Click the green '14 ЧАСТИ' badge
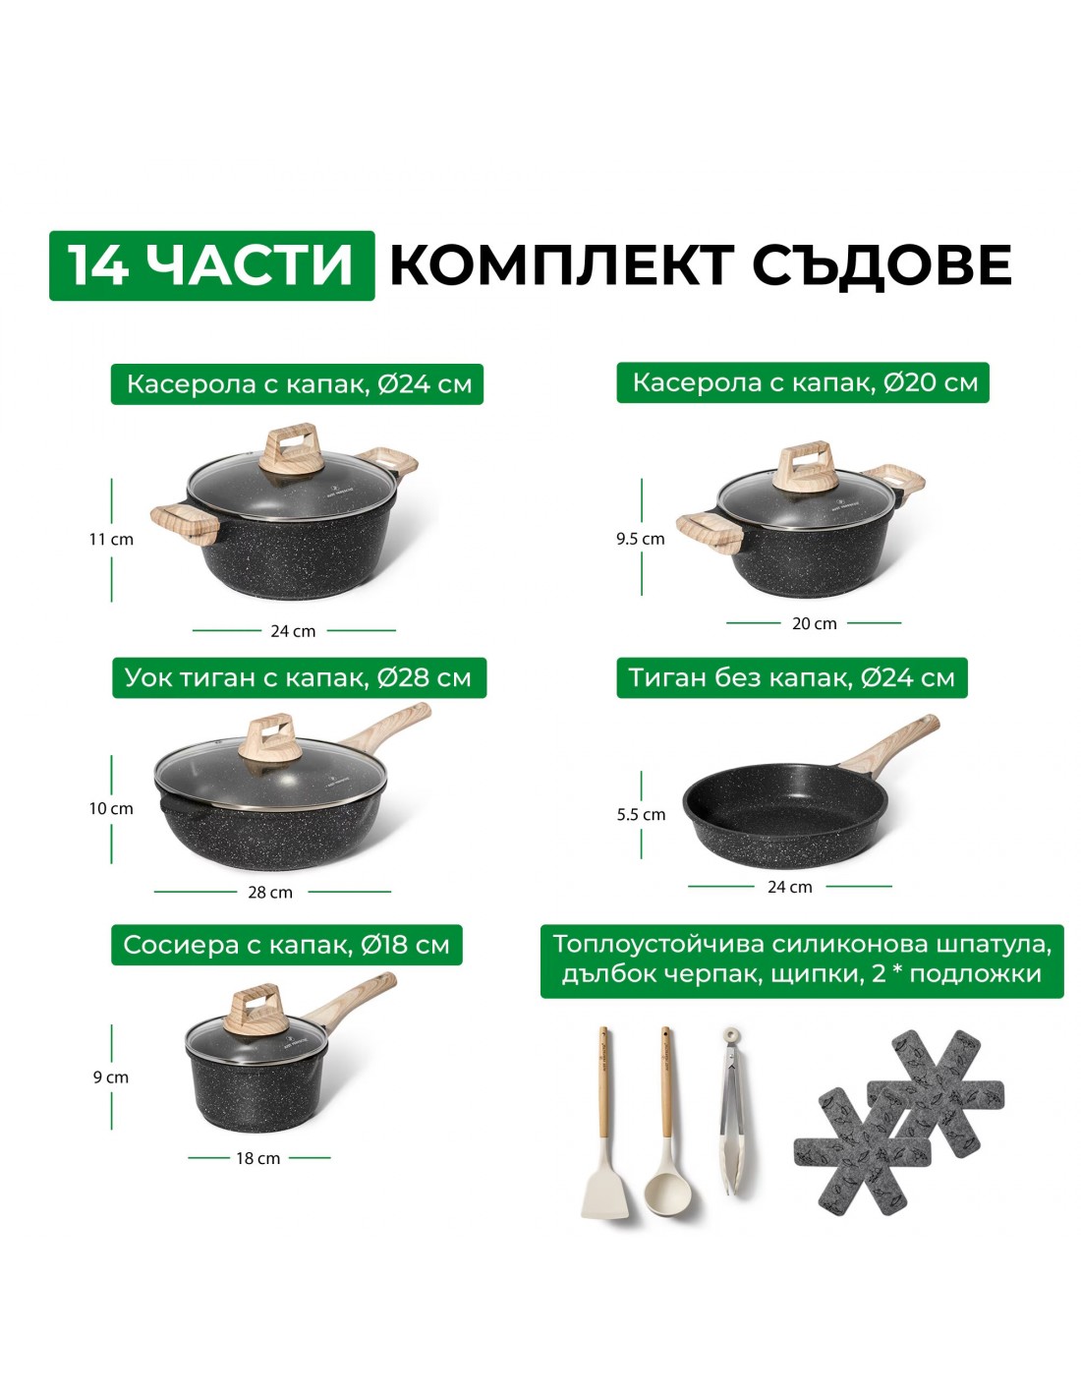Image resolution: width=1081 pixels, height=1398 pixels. tap(211, 265)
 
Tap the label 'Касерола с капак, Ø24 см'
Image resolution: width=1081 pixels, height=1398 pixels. tap(297, 384)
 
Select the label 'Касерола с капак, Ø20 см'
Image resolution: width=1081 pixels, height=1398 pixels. tap(803, 382)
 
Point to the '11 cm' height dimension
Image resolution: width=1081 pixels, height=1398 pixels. tap(111, 539)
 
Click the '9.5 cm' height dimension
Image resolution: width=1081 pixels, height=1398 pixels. tap(641, 539)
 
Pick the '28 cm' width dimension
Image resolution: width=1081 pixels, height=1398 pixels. tap(270, 893)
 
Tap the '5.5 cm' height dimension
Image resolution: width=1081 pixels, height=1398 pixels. tap(641, 814)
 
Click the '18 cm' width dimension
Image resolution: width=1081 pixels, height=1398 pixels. tap(257, 1158)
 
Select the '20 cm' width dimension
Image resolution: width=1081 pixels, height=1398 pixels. tap(814, 623)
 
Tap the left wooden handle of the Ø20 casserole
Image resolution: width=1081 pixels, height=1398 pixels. tap(710, 531)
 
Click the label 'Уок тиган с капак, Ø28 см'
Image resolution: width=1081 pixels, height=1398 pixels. tap(299, 677)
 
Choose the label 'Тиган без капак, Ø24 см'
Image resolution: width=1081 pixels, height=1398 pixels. tap(792, 677)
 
